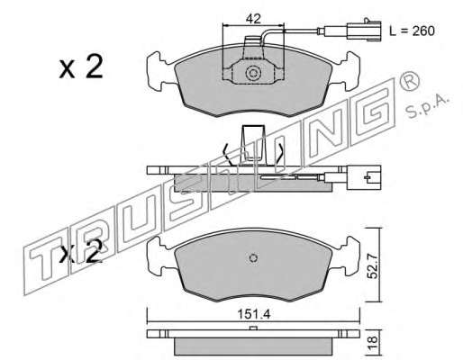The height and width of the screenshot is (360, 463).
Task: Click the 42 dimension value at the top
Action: point(253,19)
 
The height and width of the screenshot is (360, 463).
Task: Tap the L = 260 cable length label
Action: point(412,31)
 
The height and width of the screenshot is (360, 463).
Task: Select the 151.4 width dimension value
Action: point(254,314)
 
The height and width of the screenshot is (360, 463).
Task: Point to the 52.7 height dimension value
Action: point(373,265)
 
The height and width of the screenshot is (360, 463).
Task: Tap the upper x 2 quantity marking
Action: point(81,67)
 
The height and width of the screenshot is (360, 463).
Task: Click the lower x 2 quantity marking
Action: point(80,252)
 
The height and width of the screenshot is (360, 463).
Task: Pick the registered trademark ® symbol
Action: point(409,81)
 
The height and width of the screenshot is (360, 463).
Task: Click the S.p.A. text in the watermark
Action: point(426,107)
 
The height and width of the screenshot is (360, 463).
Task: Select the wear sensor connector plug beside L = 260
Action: point(364,30)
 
